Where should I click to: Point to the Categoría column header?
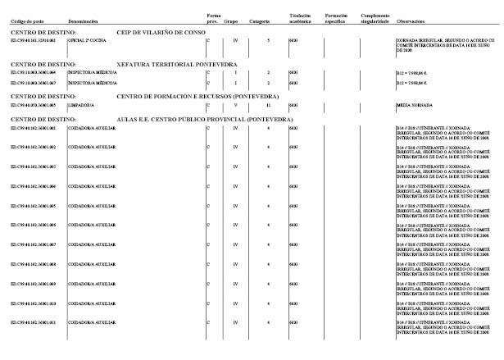click(261, 21)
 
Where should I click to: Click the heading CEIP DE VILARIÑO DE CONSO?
click(161, 30)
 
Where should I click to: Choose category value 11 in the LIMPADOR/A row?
click(268, 105)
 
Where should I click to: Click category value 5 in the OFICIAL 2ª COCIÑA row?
click(268, 39)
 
